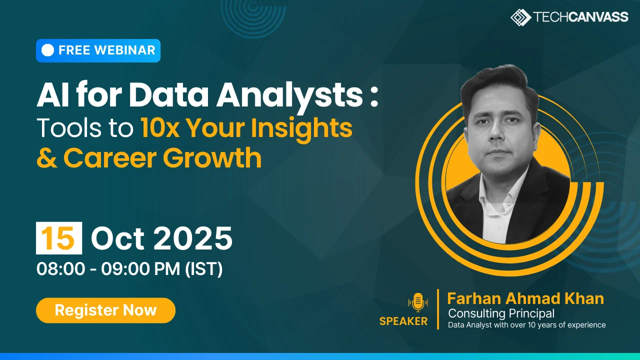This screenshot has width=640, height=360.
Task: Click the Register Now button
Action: coord(105,310)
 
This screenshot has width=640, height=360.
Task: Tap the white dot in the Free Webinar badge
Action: coord(47,50)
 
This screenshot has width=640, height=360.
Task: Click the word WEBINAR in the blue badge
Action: coord(125,50)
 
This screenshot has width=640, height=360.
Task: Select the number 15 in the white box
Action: coord(59,238)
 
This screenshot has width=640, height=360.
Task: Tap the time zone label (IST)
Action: coord(203,269)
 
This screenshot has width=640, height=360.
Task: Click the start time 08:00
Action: coord(61,269)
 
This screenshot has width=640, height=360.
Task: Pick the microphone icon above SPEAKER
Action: coord(418,302)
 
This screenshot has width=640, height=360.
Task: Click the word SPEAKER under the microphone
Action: coord(403,321)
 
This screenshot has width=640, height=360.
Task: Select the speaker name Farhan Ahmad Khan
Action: coord(525,298)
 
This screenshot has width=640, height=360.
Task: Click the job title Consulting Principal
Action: coord(501,313)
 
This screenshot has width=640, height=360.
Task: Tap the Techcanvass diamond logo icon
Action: coord(521,17)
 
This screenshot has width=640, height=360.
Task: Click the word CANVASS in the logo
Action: coord(598,17)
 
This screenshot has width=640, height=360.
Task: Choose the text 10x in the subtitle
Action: coord(160,128)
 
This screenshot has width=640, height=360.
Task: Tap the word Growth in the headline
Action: coord(212,158)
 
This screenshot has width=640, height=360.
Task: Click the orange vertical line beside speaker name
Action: coord(438,309)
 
